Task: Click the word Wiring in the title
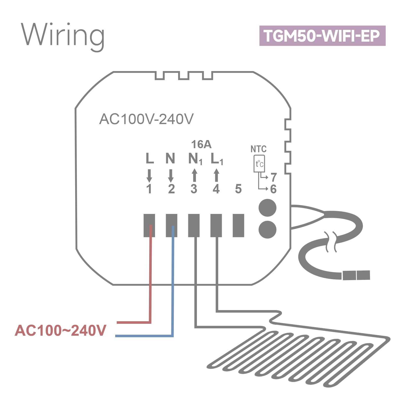tap(63, 37)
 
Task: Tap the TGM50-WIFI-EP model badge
tap(322, 36)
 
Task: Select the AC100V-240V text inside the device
tap(146, 119)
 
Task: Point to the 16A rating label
tap(201, 144)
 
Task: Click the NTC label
tap(259, 149)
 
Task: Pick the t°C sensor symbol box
tap(259, 164)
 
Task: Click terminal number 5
tap(238, 189)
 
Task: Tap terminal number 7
tap(274, 177)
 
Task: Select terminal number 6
tap(273, 189)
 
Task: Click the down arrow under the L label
tap(149, 176)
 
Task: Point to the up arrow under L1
tap(216, 175)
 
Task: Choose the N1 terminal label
tap(195, 159)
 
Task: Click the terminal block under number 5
tap(239, 225)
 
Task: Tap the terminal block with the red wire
tap(149, 225)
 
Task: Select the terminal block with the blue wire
tap(172, 225)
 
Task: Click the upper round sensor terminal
tap(267, 208)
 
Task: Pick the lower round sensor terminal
tap(267, 230)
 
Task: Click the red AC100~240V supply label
tap(60, 330)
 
